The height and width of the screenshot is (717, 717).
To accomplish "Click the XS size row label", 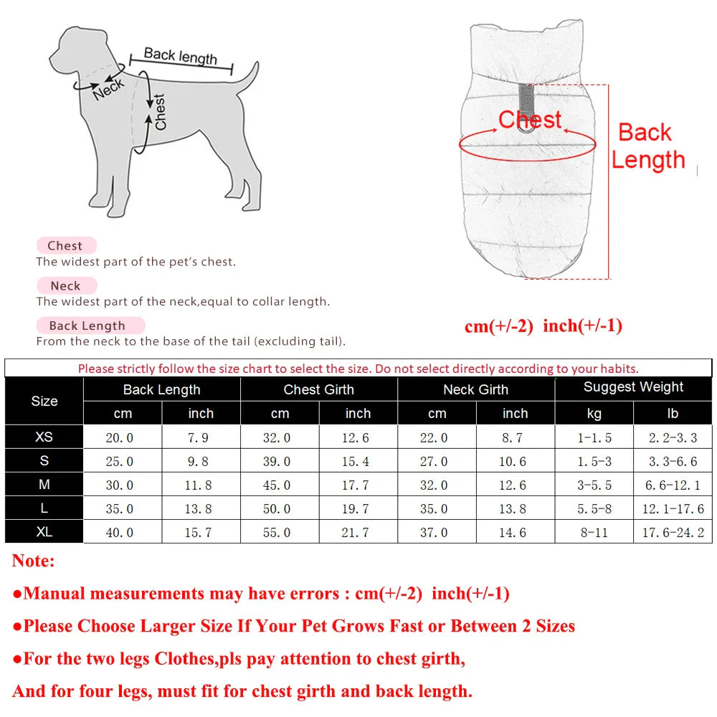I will coord(44,437).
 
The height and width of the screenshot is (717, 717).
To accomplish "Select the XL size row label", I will coord(44,532).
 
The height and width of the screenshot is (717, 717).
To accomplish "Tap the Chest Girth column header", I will coord(318,389).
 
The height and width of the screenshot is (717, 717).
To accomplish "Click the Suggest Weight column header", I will coord(633,387).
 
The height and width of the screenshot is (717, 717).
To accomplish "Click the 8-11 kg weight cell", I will coord(594,533).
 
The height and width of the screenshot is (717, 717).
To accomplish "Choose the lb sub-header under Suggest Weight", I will coord(673,414).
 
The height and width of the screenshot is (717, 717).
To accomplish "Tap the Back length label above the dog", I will coord(180,55).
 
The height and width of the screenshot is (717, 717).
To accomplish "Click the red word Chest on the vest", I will coord(531,119).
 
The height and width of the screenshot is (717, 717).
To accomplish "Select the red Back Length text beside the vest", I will coord(648,146).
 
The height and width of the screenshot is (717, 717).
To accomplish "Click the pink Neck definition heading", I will coord(65,285).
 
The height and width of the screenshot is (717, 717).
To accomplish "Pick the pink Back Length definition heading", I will coord(87,326).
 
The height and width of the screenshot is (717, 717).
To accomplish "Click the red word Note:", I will coord(33,561).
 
